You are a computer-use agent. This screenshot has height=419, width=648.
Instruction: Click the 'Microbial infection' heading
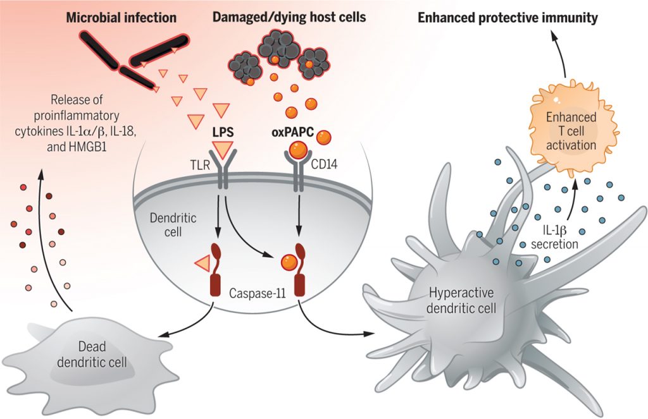[121, 18]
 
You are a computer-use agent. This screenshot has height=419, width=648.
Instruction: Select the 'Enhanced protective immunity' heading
[508, 18]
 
